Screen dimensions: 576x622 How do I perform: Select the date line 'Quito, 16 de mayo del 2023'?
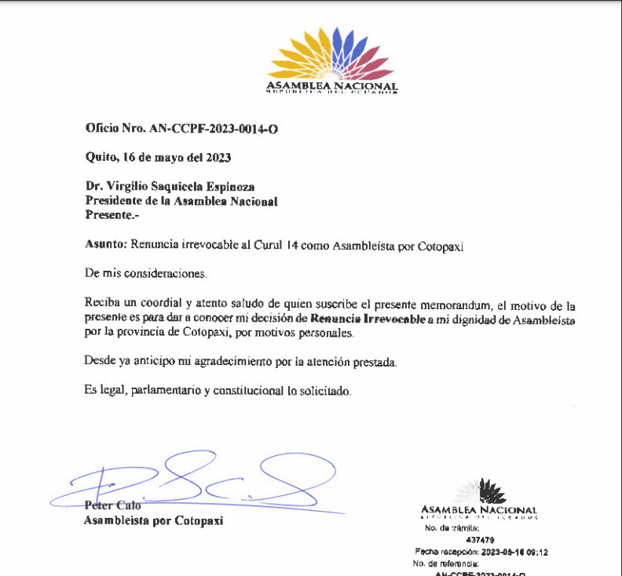point(158,157)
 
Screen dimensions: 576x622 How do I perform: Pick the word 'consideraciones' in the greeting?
point(167,274)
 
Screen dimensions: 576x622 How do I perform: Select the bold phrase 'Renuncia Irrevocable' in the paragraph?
point(368,319)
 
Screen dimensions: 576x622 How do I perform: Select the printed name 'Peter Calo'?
point(112,505)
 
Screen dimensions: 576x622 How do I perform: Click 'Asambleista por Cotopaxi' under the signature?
point(153,520)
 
